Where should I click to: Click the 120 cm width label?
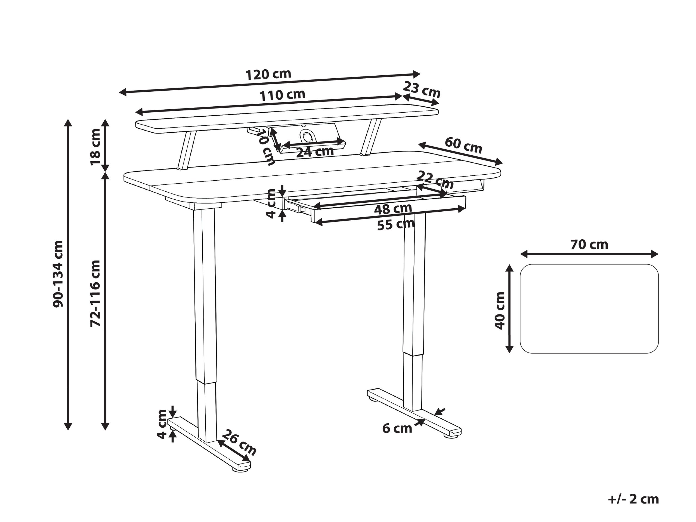268,75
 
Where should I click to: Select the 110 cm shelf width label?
282,95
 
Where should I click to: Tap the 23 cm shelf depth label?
422,89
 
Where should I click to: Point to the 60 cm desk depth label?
463,145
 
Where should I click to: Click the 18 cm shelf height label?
95,147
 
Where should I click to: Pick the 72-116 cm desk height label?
95,293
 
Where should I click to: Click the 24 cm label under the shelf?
315,152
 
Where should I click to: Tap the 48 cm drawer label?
393,209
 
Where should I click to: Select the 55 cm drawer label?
396,224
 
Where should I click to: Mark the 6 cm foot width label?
397,428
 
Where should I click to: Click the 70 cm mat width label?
589,245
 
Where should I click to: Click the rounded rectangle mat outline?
589,309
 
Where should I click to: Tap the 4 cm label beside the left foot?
162,424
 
